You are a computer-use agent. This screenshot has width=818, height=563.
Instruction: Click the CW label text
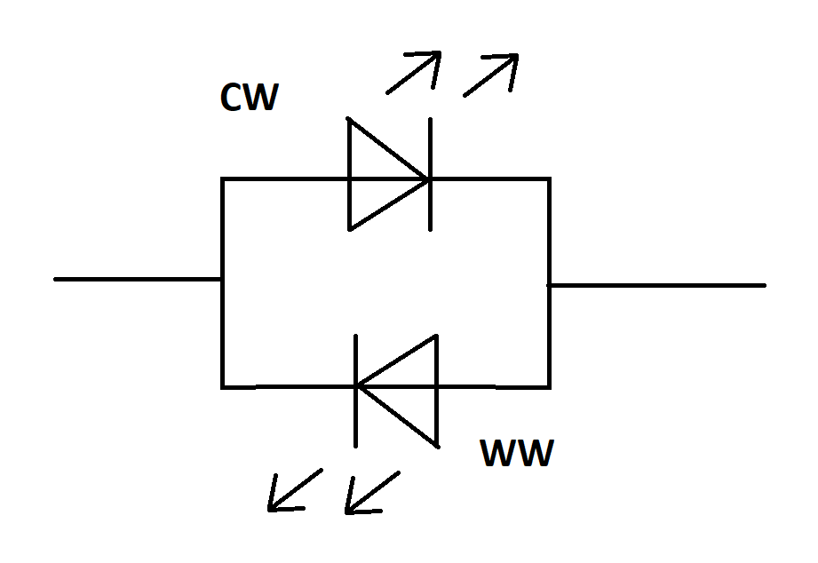point(249,99)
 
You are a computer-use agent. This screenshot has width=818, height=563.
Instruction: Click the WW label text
point(517,454)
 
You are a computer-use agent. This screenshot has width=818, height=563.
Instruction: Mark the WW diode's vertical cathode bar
point(356,390)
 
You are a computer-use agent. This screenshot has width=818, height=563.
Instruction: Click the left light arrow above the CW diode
point(413,72)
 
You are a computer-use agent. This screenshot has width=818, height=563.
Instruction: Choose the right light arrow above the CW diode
point(490,75)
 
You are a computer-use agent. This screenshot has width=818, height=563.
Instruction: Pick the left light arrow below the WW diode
point(295,490)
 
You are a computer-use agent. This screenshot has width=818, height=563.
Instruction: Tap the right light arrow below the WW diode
point(372,493)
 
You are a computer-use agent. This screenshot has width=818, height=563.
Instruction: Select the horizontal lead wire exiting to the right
point(657,285)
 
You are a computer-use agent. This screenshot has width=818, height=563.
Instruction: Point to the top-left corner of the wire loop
point(223,179)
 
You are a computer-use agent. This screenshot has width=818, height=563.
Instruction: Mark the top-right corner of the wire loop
point(549,179)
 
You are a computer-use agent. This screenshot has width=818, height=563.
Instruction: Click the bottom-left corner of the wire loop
point(223,386)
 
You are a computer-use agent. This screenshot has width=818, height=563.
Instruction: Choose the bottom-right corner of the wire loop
point(549,386)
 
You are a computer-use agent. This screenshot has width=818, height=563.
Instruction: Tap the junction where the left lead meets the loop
point(223,279)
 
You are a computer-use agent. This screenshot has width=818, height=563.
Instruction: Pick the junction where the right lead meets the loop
point(549,285)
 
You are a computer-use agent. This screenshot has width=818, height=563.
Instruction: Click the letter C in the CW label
point(232,99)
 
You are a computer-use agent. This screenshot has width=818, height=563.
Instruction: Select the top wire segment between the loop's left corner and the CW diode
point(284,179)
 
